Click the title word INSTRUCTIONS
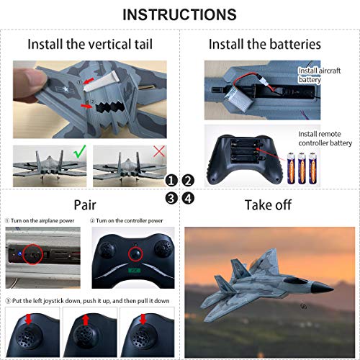[x=179, y=14]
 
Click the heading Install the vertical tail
[x=90, y=44]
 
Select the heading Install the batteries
[x=264, y=44]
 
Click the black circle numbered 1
[x=172, y=181]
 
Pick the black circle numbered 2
[x=189, y=181]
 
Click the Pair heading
[x=90, y=205]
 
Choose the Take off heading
[x=268, y=205]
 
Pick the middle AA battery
[x=302, y=166]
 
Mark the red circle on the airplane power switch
[x=31, y=253]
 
